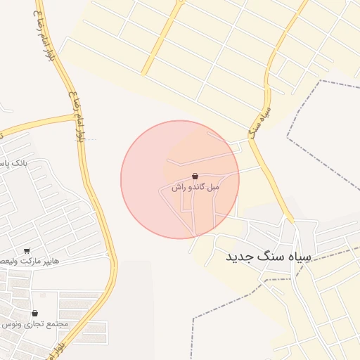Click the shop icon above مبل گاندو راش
[195, 176]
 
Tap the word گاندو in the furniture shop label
[195, 188]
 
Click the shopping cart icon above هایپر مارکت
[27, 250]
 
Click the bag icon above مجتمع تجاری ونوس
[34, 313]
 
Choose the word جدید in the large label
[238, 257]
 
